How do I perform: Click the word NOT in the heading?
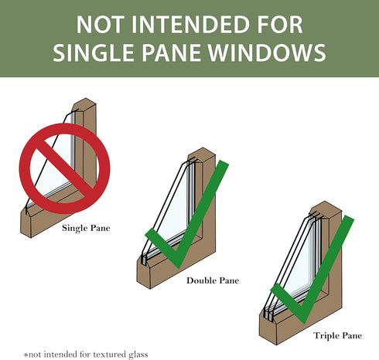tap(99, 25)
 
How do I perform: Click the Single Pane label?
tap(86, 228)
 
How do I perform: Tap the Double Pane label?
tap(213, 280)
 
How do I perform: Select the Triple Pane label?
tap(338, 335)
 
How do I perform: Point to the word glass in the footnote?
tap(138, 355)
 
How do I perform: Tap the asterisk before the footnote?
tap(26, 355)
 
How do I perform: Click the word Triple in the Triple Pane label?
tap(325, 336)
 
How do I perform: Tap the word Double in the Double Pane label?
tap(200, 280)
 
